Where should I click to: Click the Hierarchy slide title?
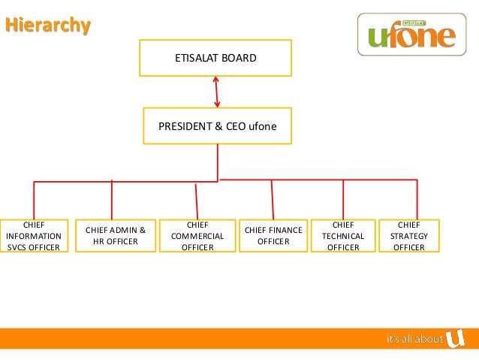tap(48, 26)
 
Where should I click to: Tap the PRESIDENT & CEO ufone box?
tap(218, 126)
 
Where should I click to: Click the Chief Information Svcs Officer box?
tap(33, 236)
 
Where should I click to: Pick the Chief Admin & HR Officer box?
tap(116, 235)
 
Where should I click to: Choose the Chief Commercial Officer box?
tap(197, 235)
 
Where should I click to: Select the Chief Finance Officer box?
tap(273, 235)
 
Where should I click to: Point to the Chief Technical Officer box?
tap(343, 235)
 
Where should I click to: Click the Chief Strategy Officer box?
tap(409, 235)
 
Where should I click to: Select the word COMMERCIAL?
tap(197, 236)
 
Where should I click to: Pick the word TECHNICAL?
tap(343, 236)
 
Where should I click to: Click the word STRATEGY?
tap(409, 236)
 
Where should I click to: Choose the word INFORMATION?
tap(33, 236)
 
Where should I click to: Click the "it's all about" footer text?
tap(414, 340)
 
